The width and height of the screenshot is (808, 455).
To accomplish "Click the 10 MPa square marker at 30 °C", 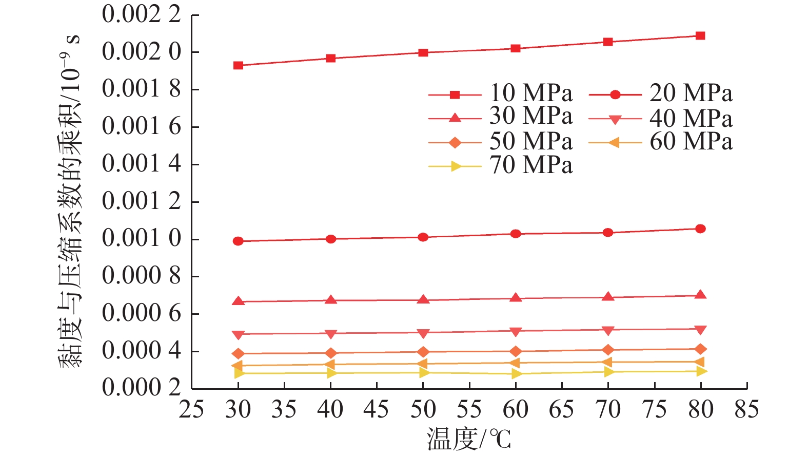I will click(x=238, y=66).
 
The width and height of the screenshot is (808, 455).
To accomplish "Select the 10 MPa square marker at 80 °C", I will click(x=700, y=36).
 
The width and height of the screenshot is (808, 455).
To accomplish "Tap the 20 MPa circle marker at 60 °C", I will click(x=516, y=234).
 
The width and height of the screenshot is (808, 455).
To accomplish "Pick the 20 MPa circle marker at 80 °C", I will click(x=700, y=229).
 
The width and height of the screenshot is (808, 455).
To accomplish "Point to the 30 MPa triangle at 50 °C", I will click(x=423, y=299).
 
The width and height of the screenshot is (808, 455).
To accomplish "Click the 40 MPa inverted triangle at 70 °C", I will click(x=608, y=331).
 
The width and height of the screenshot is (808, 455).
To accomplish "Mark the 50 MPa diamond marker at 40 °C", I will click(x=331, y=353).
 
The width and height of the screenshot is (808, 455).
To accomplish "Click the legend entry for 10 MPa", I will click(x=530, y=93).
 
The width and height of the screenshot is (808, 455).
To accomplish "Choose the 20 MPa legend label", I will click(x=691, y=93).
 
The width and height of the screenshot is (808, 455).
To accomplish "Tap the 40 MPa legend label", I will click(x=691, y=119).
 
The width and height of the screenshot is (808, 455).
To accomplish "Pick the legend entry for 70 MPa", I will click(x=530, y=165).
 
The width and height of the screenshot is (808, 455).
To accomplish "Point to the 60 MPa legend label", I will click(x=691, y=142).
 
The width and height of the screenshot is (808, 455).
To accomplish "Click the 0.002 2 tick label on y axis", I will click(x=142, y=14).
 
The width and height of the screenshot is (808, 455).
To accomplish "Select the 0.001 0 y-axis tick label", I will click(x=142, y=239).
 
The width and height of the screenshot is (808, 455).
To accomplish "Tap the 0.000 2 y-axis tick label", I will click(x=142, y=388).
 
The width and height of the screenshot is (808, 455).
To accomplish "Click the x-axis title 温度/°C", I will click(x=468, y=440).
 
